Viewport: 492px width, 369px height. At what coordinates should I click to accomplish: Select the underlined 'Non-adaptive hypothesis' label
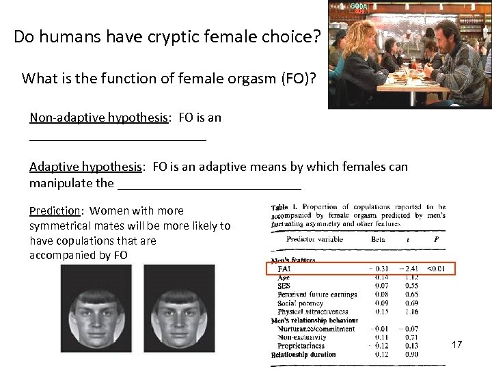[x=98, y=118]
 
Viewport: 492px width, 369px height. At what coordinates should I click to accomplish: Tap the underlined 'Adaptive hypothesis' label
[x=85, y=167]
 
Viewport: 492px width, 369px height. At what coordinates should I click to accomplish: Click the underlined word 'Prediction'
[x=55, y=210]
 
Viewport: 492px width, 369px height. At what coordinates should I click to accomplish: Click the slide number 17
[x=457, y=344]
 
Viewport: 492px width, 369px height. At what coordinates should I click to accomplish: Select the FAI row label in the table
[x=284, y=269]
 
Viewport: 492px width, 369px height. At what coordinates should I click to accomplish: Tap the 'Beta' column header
[x=378, y=240]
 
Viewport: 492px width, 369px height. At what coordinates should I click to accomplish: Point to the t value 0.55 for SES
[x=411, y=286]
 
